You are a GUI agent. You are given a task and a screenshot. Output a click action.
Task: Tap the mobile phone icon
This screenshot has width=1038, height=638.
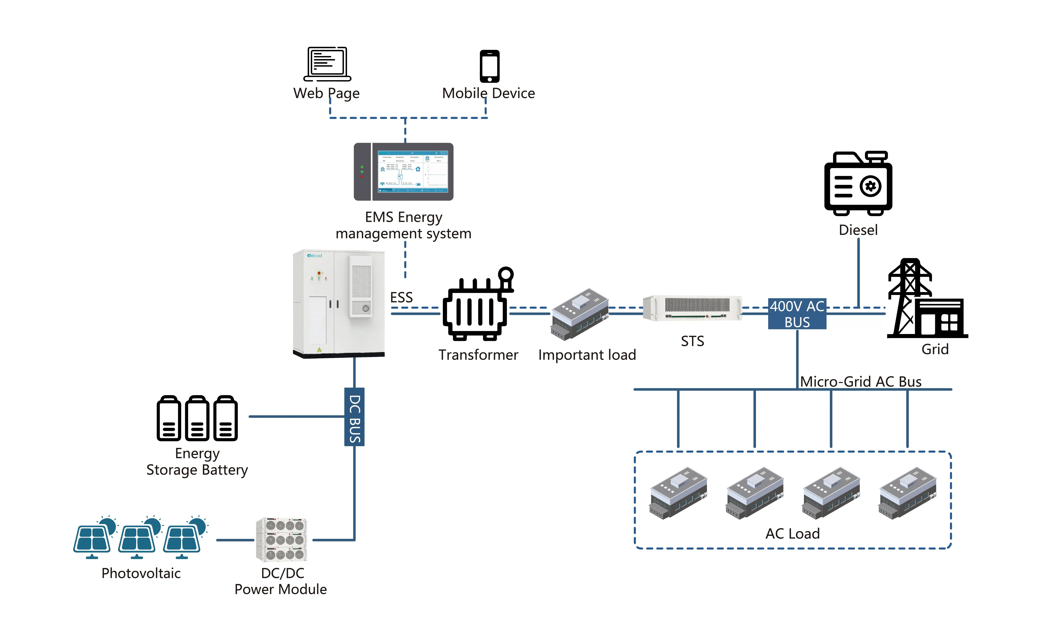point(489,66)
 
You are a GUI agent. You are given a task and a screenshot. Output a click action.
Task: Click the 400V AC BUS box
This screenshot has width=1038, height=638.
point(797,314)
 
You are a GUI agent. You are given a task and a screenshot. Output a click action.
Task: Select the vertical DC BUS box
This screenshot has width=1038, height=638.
point(354,417)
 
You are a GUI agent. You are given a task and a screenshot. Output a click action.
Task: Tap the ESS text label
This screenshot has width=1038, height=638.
point(401,298)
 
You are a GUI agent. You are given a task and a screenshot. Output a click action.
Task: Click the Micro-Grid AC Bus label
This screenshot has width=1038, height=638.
point(860,381)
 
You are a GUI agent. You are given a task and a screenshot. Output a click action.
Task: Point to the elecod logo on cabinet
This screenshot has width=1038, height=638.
point(315,256)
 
